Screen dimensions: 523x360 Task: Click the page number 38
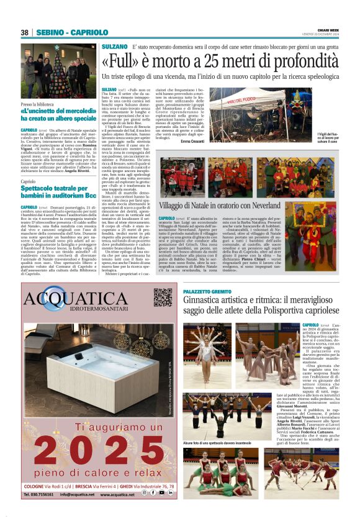click(25, 32)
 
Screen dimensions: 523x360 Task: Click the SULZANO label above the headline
click(114, 47)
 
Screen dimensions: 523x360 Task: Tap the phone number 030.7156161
click(39, 494)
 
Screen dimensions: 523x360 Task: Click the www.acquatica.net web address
click(115, 494)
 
